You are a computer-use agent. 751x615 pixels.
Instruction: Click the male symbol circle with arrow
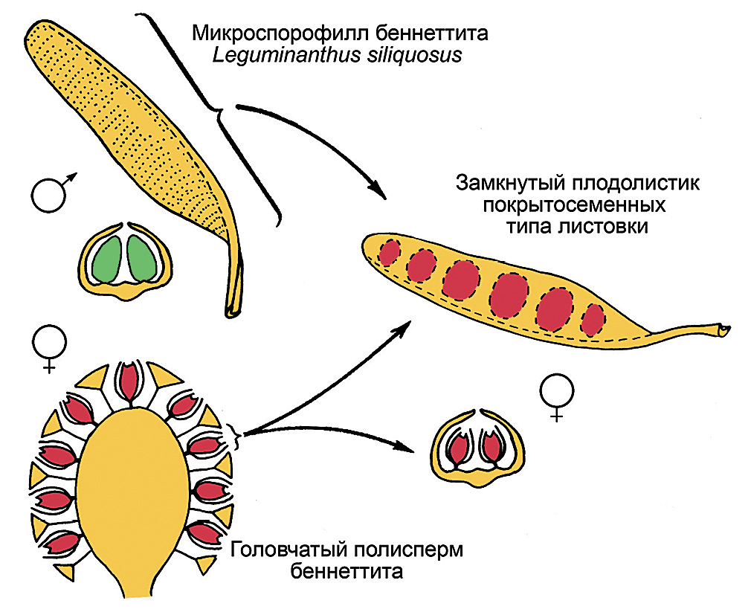pos(49,195)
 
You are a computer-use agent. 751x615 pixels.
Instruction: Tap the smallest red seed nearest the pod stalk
pos(593,319)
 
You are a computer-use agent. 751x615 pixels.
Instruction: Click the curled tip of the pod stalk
pos(723,328)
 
